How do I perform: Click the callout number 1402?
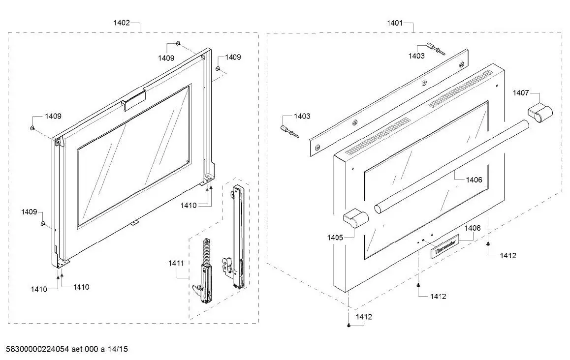click(122, 23)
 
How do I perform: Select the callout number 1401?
click(395, 23)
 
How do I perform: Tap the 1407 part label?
click(521, 92)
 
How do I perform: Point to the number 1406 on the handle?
click(474, 180)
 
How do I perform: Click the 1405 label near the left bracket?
click(335, 238)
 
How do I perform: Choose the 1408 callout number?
click(473, 228)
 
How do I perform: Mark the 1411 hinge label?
click(176, 264)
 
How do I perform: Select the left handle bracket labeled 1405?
click(356, 218)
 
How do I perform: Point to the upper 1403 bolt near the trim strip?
click(435, 48)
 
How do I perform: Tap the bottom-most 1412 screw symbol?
click(348, 326)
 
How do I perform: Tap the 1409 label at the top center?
click(166, 58)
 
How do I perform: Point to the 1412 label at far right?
click(508, 255)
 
